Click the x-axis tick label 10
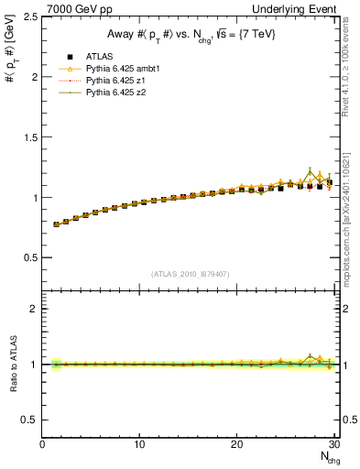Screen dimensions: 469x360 pyautogui.click(x=139, y=445)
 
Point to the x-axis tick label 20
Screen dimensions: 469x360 pyautogui.click(x=237, y=445)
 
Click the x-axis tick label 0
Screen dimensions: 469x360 pyautogui.click(x=43, y=445)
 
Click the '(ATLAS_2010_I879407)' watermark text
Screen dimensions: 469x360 pyautogui.click(x=190, y=274)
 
